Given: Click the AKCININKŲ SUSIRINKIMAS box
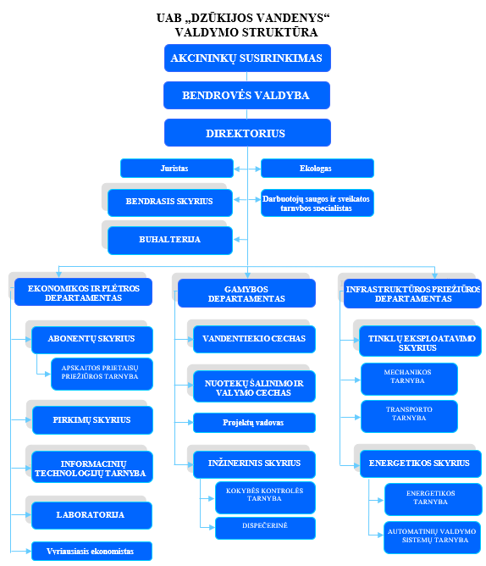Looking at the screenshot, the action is [247, 58].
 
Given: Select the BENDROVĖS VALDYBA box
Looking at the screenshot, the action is [246, 95].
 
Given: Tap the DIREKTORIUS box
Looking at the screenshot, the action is [247, 132].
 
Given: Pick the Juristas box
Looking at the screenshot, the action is [177, 169].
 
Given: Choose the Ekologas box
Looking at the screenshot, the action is [318, 169].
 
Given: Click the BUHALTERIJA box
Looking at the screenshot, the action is [170, 241].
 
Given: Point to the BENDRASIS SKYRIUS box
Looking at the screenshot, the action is [170, 203].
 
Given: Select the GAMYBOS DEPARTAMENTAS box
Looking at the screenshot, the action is [246, 293].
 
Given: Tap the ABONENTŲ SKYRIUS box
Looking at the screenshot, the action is [92, 340].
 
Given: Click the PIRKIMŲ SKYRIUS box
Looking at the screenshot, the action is [92, 420].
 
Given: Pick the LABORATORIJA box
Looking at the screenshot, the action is [91, 515].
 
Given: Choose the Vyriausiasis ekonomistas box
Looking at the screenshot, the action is [91, 552].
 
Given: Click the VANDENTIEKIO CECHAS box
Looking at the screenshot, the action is [254, 339].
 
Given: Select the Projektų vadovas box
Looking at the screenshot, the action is [254, 423].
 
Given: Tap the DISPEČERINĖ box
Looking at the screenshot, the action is [265, 528].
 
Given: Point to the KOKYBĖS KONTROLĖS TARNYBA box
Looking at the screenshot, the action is [265, 497].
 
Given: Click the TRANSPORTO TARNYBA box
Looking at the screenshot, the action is [409, 416].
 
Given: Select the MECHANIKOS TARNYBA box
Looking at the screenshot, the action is [409, 379].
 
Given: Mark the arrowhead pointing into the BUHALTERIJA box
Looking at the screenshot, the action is [237, 239].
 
